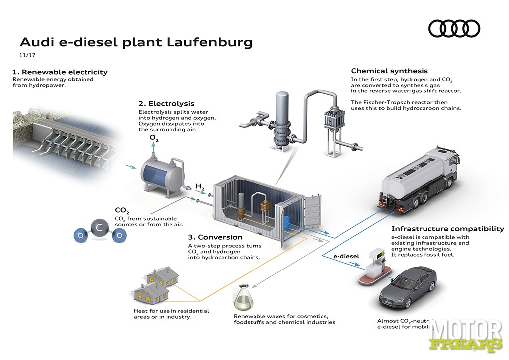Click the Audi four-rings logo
[454, 28]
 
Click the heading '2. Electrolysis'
[166, 104]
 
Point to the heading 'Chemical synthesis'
[389, 71]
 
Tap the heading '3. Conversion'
[215, 237]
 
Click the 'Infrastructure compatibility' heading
[447, 229]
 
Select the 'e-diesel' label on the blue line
[346, 256]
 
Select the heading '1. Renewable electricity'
[60, 72]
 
